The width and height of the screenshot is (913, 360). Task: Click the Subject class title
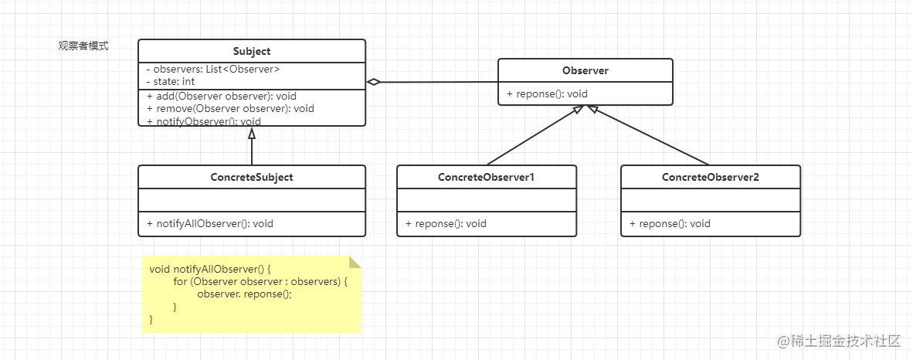(x=252, y=51)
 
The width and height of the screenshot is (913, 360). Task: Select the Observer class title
(x=585, y=70)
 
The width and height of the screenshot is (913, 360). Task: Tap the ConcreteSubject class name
(x=252, y=177)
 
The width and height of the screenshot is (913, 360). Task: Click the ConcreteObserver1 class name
(x=486, y=177)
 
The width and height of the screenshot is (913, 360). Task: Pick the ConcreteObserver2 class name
(x=711, y=177)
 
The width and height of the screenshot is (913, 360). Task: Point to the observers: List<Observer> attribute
(x=213, y=70)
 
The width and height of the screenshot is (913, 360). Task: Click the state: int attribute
(x=171, y=82)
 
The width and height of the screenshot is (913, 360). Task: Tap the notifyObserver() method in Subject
(x=204, y=121)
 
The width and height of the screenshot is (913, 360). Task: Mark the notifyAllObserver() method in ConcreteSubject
(x=209, y=223)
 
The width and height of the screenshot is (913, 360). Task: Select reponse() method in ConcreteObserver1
(x=446, y=223)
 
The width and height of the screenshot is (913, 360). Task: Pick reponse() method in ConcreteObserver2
(x=670, y=223)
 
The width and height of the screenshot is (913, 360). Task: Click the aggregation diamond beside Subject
(x=373, y=82)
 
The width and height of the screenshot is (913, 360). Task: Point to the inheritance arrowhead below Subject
(x=252, y=133)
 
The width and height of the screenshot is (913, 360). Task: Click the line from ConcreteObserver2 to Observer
(x=649, y=135)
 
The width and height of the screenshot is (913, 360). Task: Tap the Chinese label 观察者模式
(x=83, y=46)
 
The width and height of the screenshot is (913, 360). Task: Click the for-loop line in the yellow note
(x=260, y=281)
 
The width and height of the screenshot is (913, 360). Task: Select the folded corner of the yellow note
(x=355, y=262)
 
